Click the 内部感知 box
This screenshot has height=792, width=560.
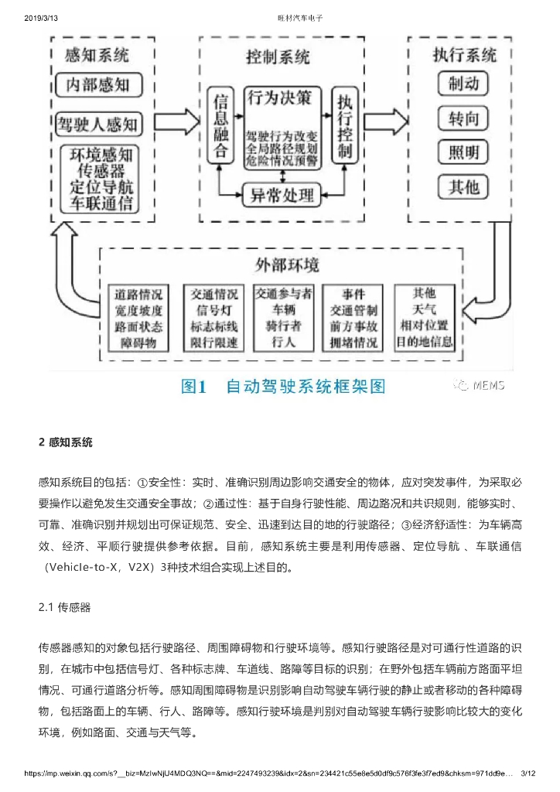[x=97, y=84]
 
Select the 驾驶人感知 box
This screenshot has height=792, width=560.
[x=97, y=122]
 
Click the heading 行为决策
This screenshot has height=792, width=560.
[x=280, y=97]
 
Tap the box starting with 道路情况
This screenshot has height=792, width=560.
[x=138, y=318]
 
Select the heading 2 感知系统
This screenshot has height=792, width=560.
[x=66, y=442]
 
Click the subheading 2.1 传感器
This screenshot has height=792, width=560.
[x=65, y=607]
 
